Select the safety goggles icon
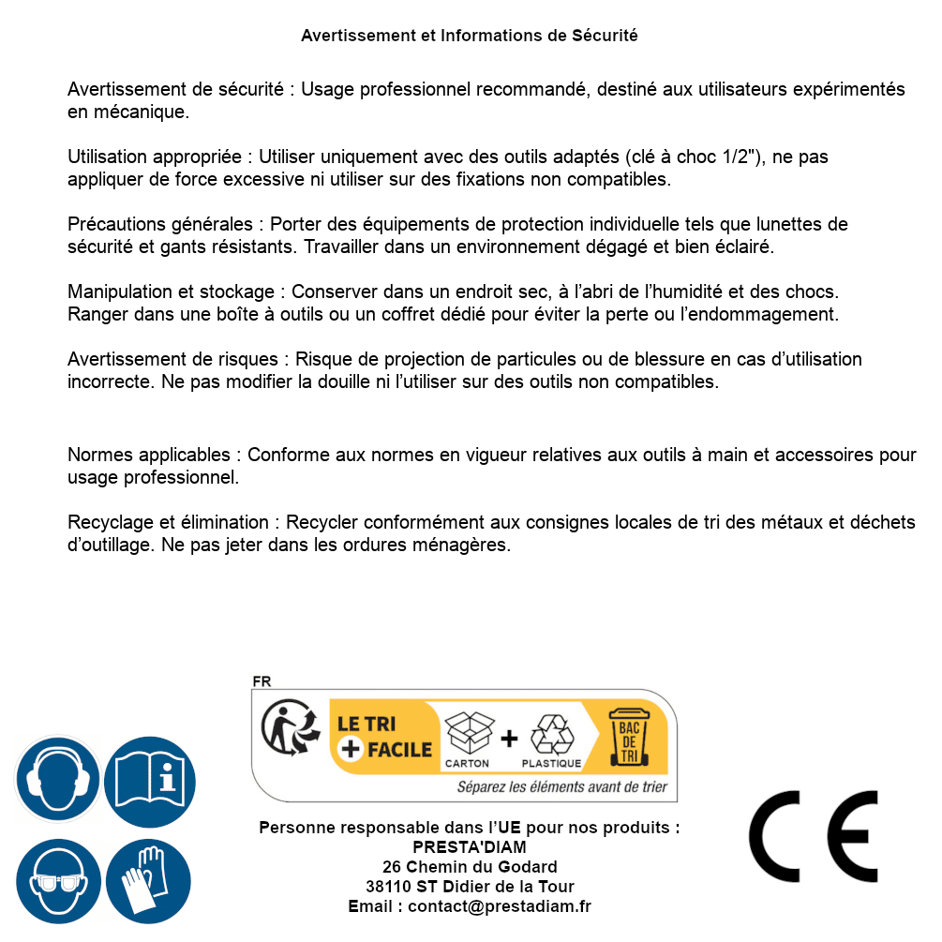(58, 882)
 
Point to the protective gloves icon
(150, 882)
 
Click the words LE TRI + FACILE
(384, 736)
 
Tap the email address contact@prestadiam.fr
(500, 906)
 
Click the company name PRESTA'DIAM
(470, 847)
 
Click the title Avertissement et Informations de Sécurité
(470, 36)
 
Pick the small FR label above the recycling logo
(262, 682)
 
